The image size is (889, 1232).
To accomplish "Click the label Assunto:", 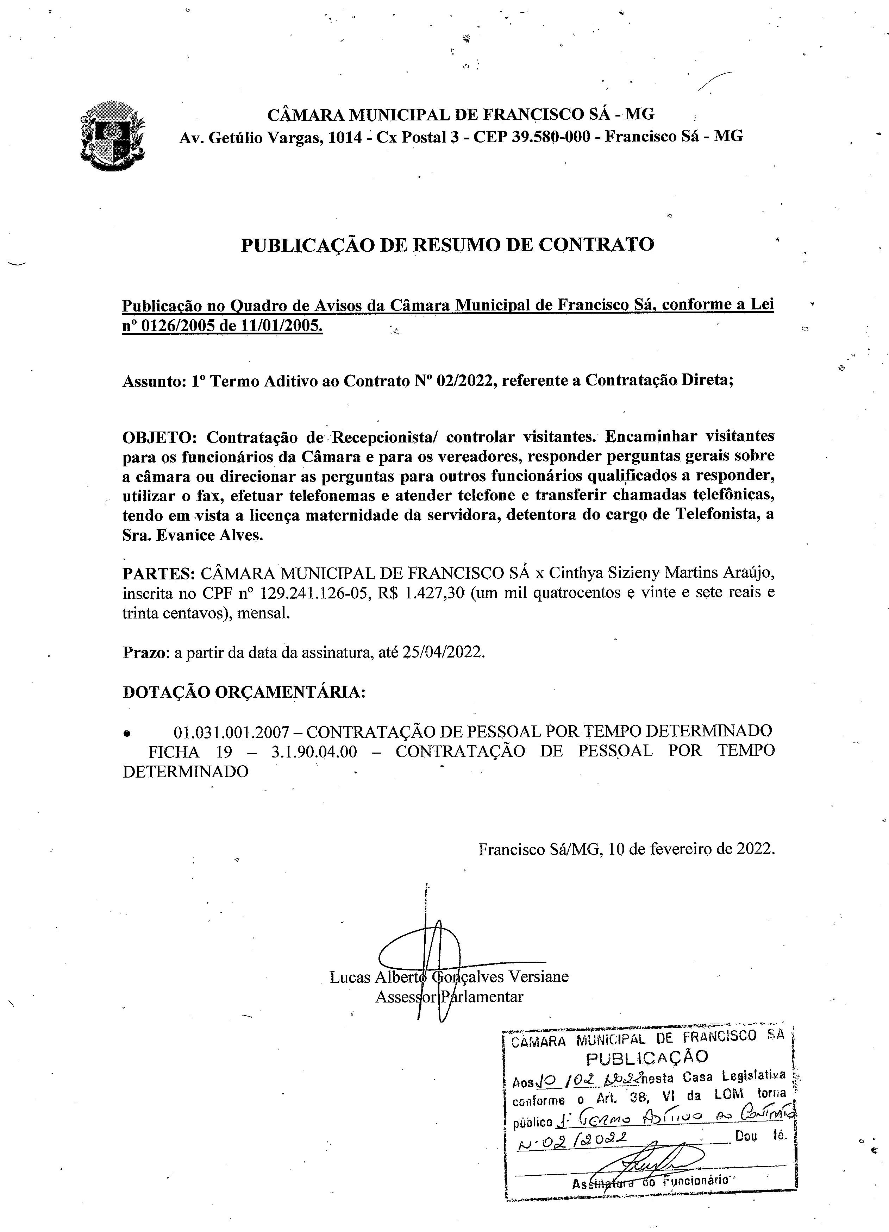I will [154, 381].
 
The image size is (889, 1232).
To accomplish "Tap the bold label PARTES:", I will [158, 573].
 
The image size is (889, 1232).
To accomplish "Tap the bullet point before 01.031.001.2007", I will [127, 733].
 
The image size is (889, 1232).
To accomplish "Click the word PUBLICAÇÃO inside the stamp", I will [647, 1057].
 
